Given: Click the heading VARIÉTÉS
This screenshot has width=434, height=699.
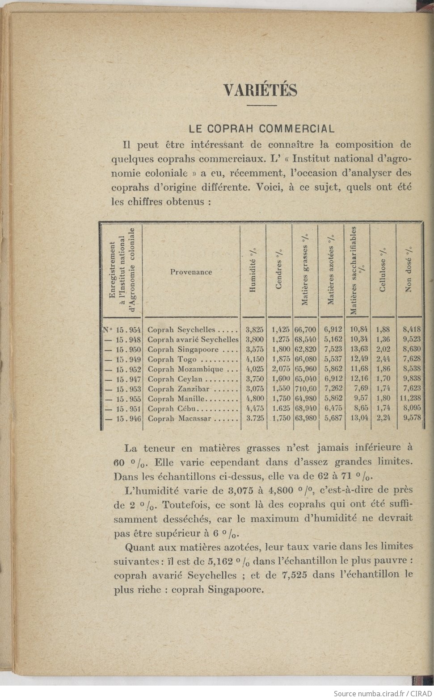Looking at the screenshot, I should (x=260, y=90).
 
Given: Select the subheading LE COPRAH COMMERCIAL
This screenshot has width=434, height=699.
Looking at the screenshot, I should (x=261, y=129).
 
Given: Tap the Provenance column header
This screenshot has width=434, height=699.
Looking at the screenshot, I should (x=191, y=272).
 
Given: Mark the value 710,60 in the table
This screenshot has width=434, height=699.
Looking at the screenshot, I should (x=305, y=389).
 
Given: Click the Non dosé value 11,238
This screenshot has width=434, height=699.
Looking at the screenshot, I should (x=410, y=399).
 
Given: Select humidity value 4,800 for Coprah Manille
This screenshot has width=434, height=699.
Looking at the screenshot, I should (x=255, y=399).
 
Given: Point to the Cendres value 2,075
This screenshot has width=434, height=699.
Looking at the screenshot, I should (x=281, y=369).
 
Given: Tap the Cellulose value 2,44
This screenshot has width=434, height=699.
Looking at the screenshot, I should (x=383, y=359).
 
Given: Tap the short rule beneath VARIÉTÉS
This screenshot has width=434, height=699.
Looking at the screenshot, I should (x=262, y=105).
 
